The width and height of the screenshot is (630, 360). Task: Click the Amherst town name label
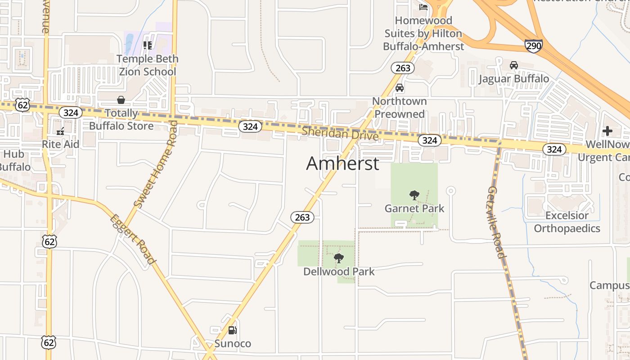click(x=342, y=163)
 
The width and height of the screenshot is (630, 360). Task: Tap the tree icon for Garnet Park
click(x=414, y=195)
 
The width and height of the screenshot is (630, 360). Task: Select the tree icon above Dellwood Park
click(x=338, y=258)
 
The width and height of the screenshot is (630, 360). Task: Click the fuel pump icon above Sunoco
click(x=232, y=330)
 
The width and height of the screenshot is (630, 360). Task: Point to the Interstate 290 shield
click(x=533, y=45)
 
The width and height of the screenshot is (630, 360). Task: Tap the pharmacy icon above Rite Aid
click(x=60, y=131)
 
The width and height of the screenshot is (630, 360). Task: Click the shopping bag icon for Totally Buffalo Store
click(x=121, y=99)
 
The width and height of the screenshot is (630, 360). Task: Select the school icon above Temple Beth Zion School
click(x=147, y=45)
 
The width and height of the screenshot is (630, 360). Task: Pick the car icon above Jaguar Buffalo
click(x=513, y=65)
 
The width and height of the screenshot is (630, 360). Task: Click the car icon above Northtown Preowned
click(x=399, y=88)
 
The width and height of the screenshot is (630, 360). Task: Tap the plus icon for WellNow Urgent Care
click(x=607, y=131)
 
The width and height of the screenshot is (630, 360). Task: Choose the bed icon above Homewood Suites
click(x=423, y=7)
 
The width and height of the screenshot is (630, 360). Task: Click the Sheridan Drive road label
click(x=340, y=134)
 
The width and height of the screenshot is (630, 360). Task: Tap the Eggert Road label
click(x=133, y=239)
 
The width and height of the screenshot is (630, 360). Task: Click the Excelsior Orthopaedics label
click(x=567, y=222)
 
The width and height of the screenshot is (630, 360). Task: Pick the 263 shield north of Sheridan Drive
click(x=403, y=67)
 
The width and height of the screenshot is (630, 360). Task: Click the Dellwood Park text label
click(x=339, y=271)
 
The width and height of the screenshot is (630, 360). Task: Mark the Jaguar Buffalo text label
click(x=513, y=79)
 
